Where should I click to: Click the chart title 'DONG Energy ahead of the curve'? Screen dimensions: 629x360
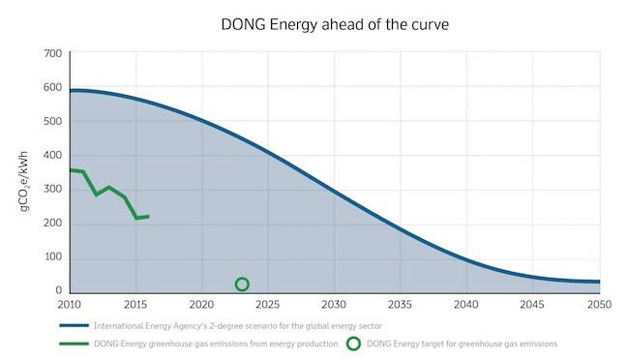[335, 25]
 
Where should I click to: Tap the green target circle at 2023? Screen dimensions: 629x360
[242, 278]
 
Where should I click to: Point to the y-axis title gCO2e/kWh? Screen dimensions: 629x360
[24, 181]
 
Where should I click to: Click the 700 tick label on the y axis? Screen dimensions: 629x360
[53, 53]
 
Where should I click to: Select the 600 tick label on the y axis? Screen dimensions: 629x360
[53, 87]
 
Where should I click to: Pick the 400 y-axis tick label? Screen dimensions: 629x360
[53, 155]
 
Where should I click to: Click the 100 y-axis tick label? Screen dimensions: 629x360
[53, 256]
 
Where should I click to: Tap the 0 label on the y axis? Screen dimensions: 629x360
[59, 289]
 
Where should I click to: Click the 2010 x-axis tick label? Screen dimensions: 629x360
[70, 305]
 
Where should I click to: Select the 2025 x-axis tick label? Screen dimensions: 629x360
[267, 305]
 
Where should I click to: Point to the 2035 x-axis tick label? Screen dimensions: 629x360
[400, 305]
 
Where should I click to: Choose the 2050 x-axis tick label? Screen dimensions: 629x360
[600, 305]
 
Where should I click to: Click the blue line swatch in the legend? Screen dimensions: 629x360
[75, 325]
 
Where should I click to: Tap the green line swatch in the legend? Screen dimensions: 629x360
[75, 344]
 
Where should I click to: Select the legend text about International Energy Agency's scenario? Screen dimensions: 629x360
[238, 326]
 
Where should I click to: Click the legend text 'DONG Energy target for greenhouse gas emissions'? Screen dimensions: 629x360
[463, 344]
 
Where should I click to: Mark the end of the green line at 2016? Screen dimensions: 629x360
[149, 217]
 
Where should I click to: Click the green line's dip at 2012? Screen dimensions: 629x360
[96, 195]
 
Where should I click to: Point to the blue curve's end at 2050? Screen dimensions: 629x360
[599, 282]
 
